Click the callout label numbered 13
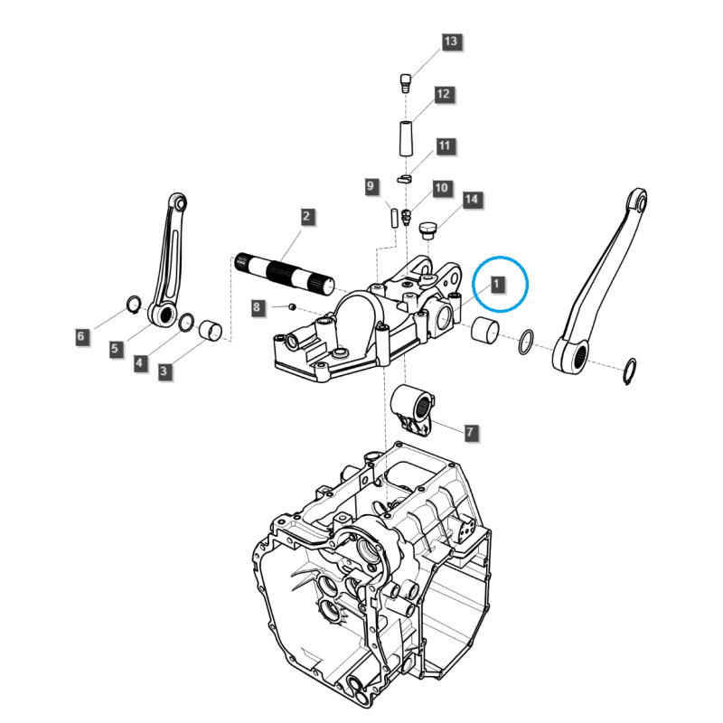(450, 42)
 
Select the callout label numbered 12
(443, 95)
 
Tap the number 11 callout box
(444, 146)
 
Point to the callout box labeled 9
(371, 186)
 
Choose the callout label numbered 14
(471, 200)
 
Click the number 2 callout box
(306, 216)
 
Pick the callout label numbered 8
(257, 307)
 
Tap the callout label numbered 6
(81, 336)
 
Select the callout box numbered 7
(470, 433)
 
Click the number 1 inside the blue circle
(496, 284)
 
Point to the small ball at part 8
(291, 306)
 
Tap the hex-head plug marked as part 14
(427, 230)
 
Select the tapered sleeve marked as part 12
(406, 139)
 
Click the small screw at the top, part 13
(405, 82)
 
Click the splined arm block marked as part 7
(413, 408)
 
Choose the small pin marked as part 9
(395, 218)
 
